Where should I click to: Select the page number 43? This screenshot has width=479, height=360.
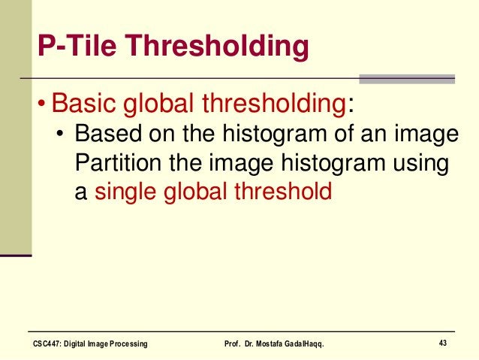click(x=443, y=343)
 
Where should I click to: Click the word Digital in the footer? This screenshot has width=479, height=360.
click(x=80, y=344)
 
